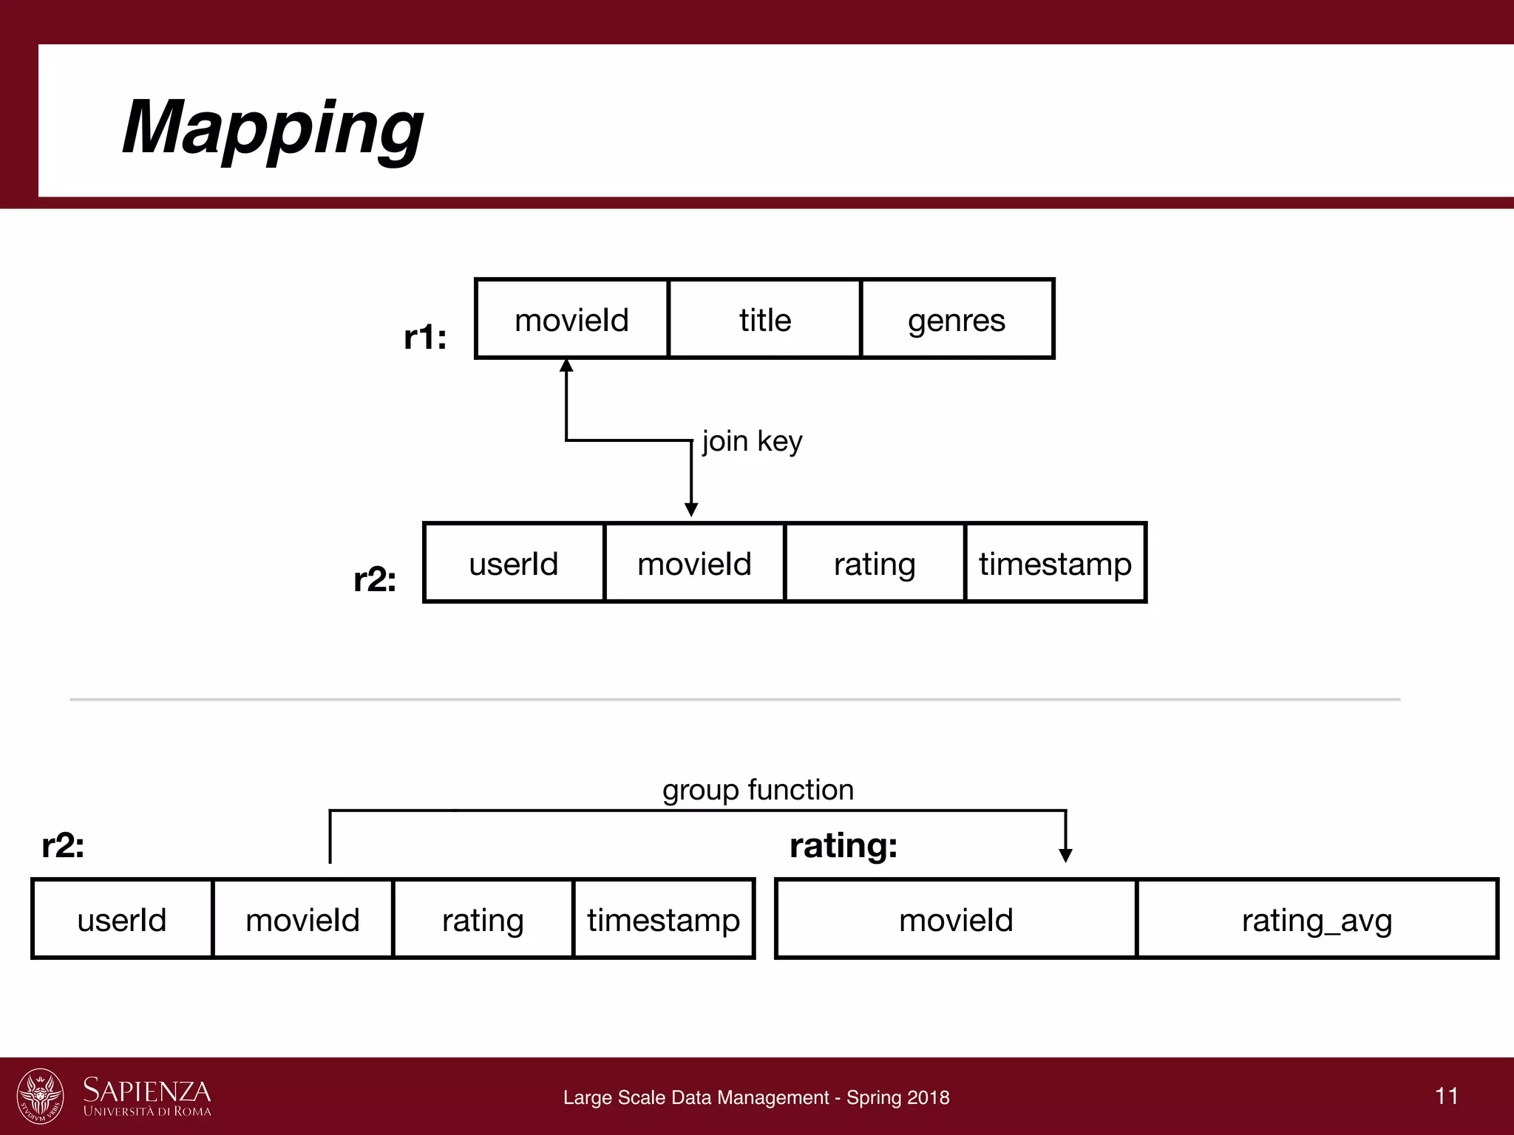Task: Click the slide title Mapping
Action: (272, 127)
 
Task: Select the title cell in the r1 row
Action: (764, 319)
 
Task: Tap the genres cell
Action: (957, 319)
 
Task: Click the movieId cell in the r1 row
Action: (571, 319)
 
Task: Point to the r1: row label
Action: (425, 337)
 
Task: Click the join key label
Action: (752, 441)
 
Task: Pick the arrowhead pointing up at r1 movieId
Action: (566, 365)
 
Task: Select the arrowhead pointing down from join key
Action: (691, 510)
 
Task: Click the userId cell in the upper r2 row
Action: (514, 563)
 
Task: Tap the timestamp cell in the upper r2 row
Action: (1055, 563)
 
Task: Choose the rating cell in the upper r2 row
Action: (875, 563)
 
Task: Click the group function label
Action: (758, 790)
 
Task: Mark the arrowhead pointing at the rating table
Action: (1065, 856)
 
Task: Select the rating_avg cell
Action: (1317, 920)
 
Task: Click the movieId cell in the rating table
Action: (956, 920)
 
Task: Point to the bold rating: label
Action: (843, 845)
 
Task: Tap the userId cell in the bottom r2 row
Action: (122, 920)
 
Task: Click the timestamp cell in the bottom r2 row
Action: (663, 920)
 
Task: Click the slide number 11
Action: (1447, 1095)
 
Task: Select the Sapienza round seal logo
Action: (41, 1095)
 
